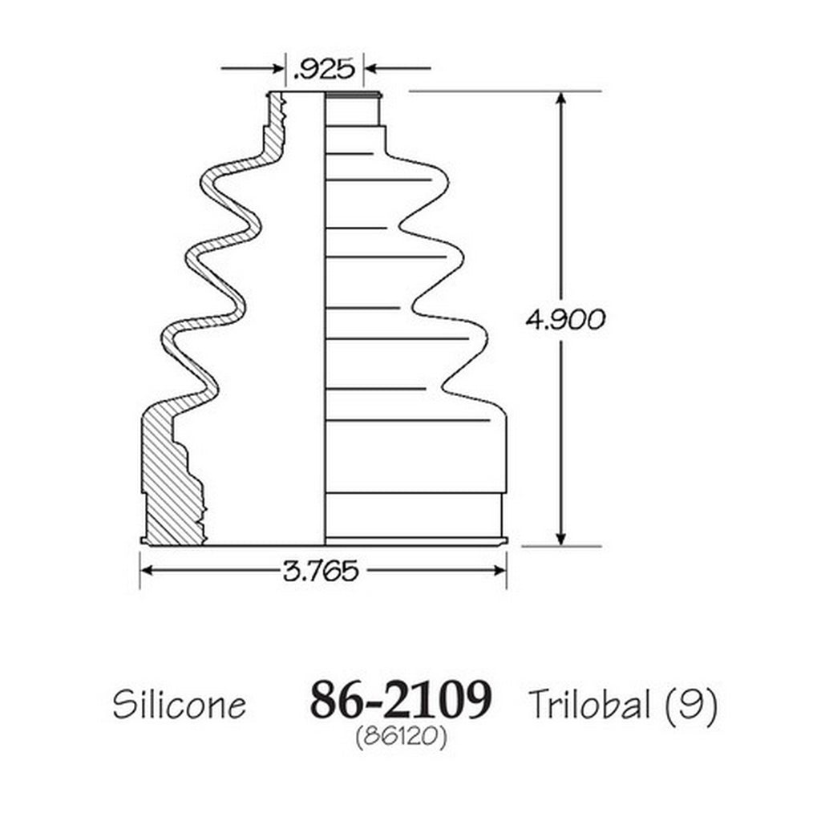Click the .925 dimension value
324,69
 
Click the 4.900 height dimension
565,319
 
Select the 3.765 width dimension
321,570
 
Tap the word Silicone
179,704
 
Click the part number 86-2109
401,700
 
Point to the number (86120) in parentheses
401,738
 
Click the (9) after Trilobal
692,706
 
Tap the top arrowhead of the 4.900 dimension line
561,100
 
